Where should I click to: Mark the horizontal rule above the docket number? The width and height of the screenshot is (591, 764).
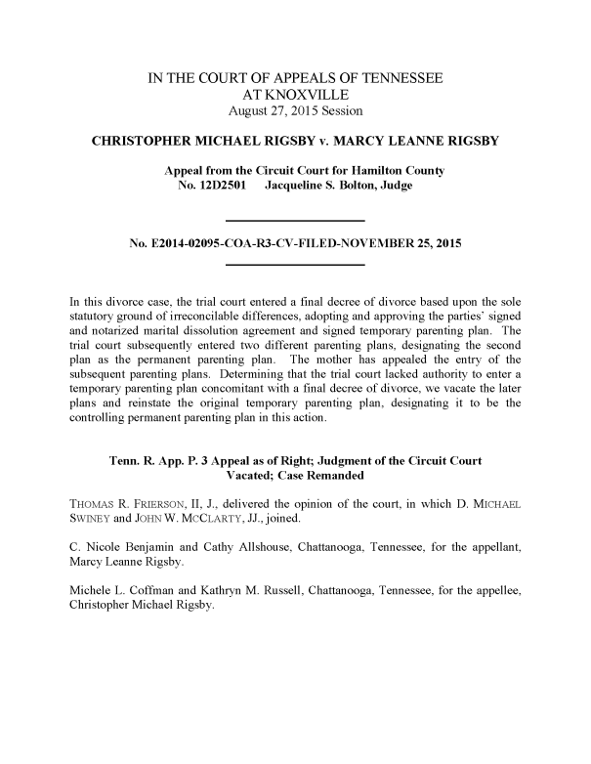[295, 218]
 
